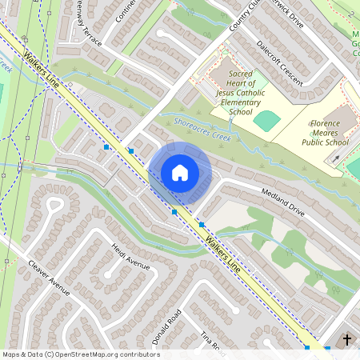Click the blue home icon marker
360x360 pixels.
(x=180, y=172)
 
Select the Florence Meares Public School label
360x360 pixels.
(x=325, y=132)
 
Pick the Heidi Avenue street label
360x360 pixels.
(x=131, y=257)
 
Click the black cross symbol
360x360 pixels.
(x=347, y=340)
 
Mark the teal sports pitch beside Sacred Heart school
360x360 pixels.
(x=266, y=121)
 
